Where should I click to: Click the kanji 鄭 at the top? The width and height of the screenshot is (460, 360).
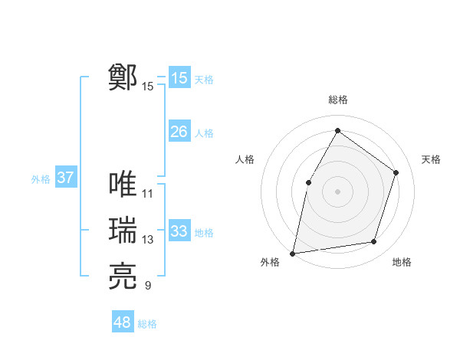[x=123, y=77]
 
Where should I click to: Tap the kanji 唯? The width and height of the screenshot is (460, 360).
[x=123, y=184]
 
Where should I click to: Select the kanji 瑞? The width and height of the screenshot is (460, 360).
[x=123, y=231]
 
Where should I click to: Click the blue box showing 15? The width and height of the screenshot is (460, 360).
[x=179, y=78]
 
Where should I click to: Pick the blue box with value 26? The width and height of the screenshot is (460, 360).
[x=179, y=132]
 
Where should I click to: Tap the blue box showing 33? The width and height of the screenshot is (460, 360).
[x=179, y=231]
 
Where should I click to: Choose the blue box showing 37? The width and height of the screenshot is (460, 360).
[x=65, y=178]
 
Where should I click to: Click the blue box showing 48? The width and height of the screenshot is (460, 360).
[x=123, y=322]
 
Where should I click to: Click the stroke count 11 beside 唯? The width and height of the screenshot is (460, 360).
[x=148, y=194]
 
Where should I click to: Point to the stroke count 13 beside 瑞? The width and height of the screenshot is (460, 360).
[x=148, y=240]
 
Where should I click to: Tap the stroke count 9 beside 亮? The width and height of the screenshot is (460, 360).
[x=147, y=286]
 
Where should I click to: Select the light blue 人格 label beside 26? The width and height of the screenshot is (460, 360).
[x=204, y=133]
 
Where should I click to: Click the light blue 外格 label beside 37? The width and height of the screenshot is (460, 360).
[x=41, y=179]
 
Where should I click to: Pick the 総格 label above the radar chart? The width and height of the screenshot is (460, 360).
[x=337, y=100]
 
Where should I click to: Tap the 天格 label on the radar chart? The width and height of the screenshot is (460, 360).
[x=431, y=159]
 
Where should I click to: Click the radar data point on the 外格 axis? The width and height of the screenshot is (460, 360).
[x=292, y=253]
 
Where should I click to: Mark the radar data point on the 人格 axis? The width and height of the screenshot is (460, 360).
[x=308, y=182]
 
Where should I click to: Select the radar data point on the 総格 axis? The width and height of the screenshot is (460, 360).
[x=337, y=130]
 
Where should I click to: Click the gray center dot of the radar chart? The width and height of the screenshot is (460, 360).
[x=337, y=191]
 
